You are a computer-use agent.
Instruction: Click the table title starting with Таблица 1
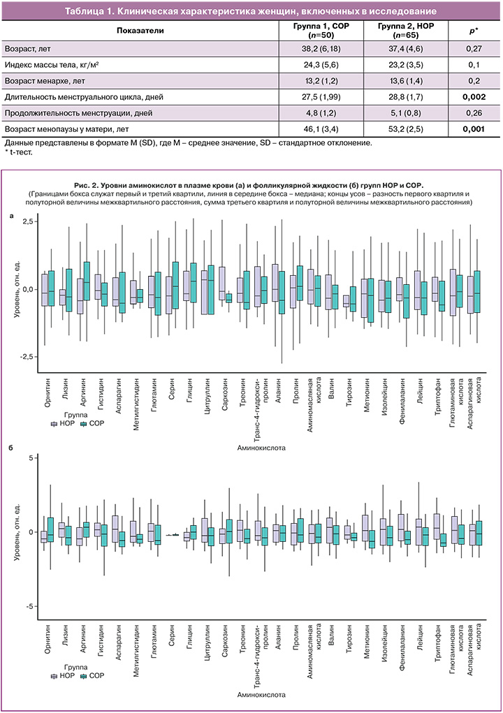tap(251, 12)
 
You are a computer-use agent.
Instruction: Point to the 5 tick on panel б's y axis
tap(29, 457)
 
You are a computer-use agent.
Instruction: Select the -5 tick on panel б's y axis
tap(27, 606)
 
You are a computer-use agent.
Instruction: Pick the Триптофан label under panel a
tap(438, 395)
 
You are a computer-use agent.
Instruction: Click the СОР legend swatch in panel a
tap(83, 424)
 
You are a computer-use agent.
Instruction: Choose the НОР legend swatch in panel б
tap(54, 675)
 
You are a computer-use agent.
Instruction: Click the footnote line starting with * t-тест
tap(15, 151)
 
